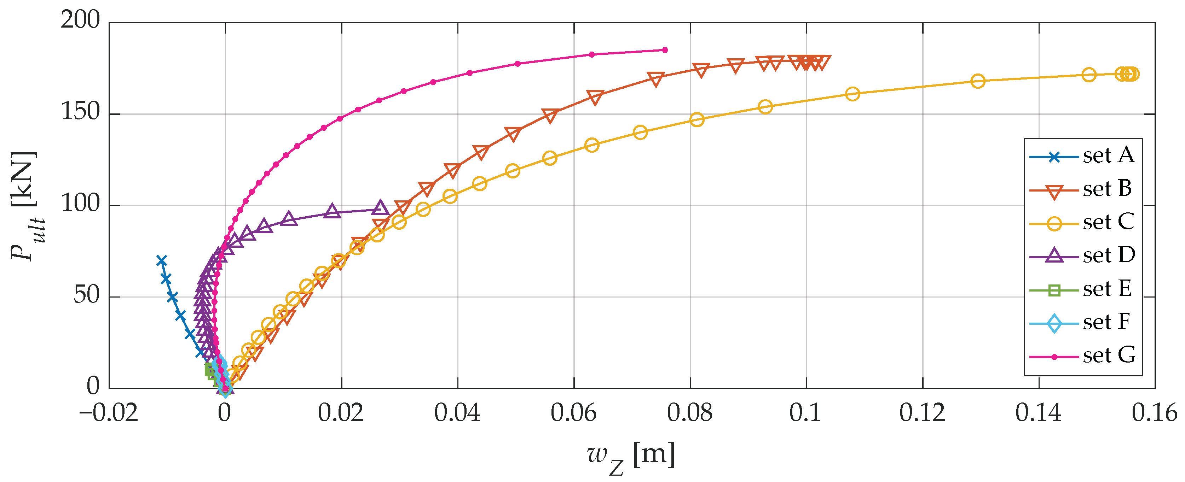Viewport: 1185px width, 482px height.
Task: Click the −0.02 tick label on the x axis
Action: click(x=109, y=413)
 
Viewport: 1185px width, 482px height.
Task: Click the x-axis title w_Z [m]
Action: click(x=631, y=457)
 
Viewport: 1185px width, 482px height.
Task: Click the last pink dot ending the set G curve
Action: click(x=665, y=50)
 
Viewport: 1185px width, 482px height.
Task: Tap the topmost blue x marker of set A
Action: click(x=161, y=260)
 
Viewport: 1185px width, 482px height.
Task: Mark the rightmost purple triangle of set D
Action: click(x=380, y=208)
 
